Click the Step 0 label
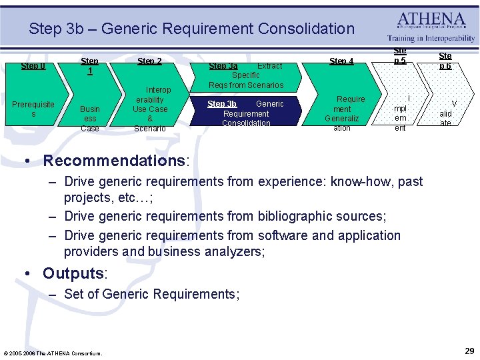coord(33,65)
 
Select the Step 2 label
coord(149,61)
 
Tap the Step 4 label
coord(341,61)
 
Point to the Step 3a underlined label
coord(223,66)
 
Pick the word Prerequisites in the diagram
coord(33,109)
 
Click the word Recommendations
coord(115,161)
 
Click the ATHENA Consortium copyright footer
coord(53,353)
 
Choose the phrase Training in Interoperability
coord(431,39)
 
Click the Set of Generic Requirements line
coord(151,294)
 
